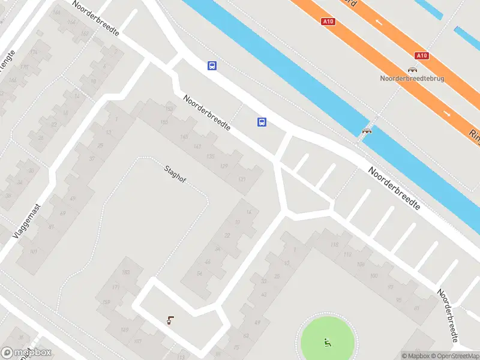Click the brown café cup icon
(x=171, y=320)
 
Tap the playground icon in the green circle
(x=328, y=342)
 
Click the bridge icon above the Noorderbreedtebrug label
(x=413, y=70)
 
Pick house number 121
(x=242, y=179)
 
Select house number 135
(x=210, y=157)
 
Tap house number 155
(x=164, y=122)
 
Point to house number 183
(x=125, y=273)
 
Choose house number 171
(x=116, y=289)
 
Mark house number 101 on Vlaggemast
(x=34, y=251)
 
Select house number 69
(x=62, y=214)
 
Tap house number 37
(x=92, y=159)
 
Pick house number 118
(x=334, y=245)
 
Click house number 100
(x=374, y=275)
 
